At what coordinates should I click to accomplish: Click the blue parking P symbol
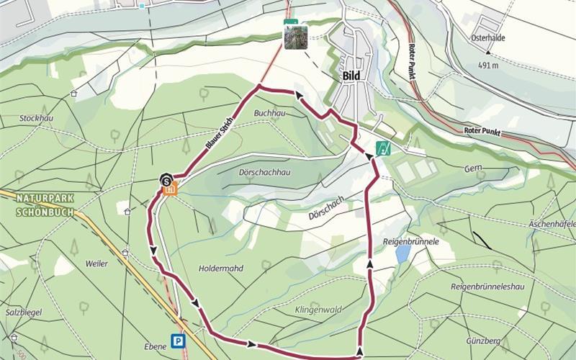click(177, 341)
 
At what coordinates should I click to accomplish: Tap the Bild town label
click(351, 76)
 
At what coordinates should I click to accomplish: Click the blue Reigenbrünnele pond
click(402, 254)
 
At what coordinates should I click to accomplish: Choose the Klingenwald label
click(316, 310)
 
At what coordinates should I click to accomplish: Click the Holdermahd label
click(220, 268)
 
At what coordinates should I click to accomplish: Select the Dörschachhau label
click(264, 173)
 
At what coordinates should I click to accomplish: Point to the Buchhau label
click(271, 114)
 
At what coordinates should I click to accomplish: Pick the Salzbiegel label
click(24, 312)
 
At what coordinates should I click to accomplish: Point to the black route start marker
click(166, 179)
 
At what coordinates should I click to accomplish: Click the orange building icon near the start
click(171, 190)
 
